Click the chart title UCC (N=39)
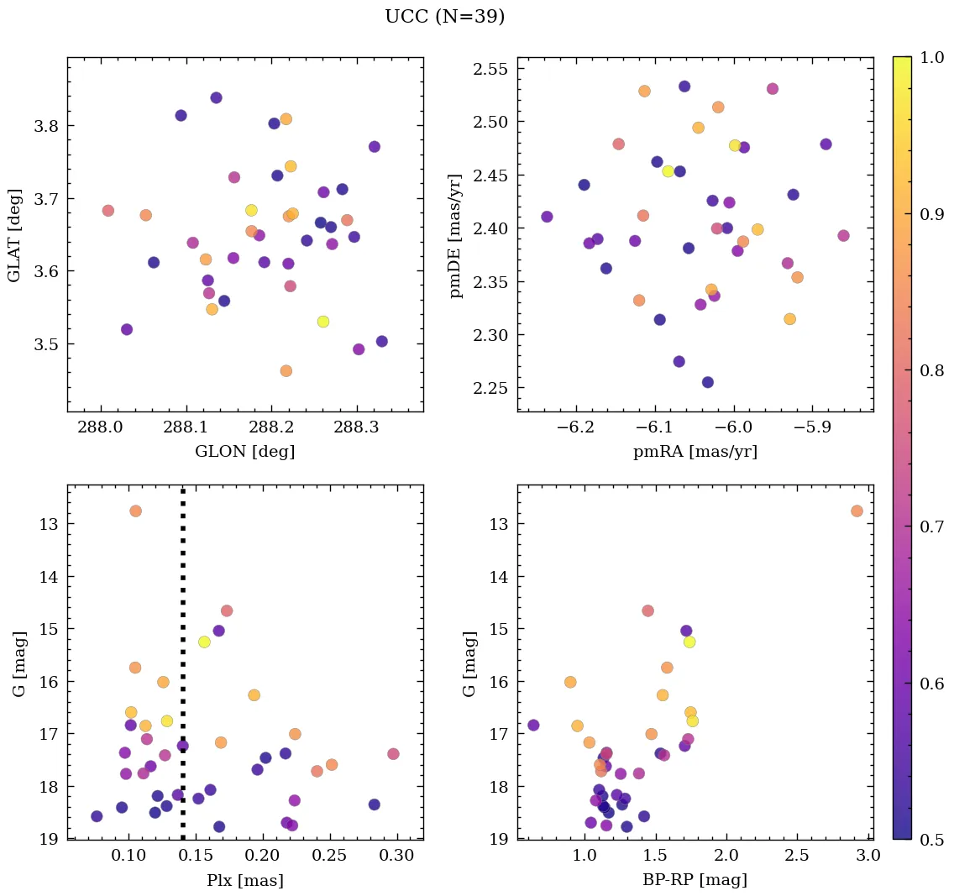tap(444, 17)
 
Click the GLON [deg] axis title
tap(244, 452)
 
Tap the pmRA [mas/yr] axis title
tap(695, 452)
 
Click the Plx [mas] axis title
tap(244, 880)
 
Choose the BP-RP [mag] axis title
tap(695, 880)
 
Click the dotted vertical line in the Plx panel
tap(183, 672)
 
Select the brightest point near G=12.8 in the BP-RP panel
tap(857, 511)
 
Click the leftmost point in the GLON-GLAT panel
tap(107, 211)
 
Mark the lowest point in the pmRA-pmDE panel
tap(708, 382)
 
